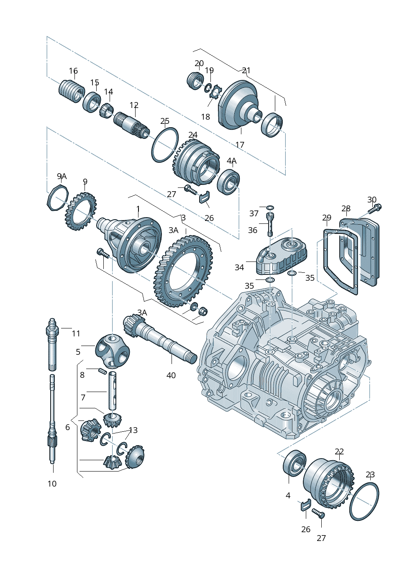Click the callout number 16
click(x=73, y=71)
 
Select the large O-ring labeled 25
click(x=164, y=145)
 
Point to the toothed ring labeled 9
click(x=81, y=210)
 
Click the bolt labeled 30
click(x=374, y=208)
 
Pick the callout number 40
click(x=171, y=375)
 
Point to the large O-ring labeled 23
click(x=364, y=502)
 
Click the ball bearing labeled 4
click(x=295, y=462)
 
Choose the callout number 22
click(x=339, y=451)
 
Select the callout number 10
click(x=52, y=484)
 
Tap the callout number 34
click(x=239, y=267)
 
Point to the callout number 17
click(x=240, y=145)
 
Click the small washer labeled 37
click(x=269, y=207)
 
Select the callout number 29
click(x=327, y=218)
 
